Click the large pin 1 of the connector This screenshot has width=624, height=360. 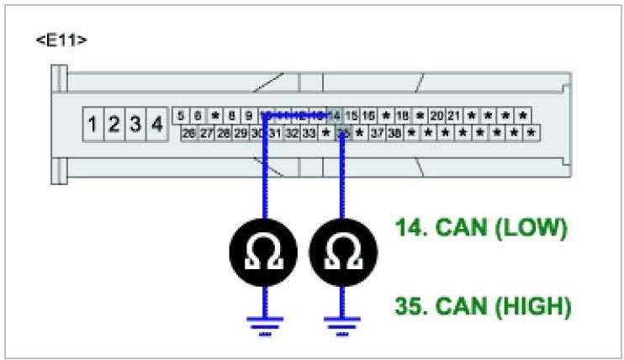(94, 125)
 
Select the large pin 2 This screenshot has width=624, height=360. (114, 125)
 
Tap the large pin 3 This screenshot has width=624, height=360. (135, 125)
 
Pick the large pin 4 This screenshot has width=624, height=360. (156, 125)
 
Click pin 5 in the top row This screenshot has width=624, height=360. (182, 116)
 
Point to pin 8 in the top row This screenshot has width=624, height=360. (231, 116)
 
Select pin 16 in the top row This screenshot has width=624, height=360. (368, 116)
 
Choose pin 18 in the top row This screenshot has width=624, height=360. (403, 116)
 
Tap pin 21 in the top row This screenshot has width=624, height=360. (454, 116)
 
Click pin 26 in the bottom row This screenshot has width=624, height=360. (189, 133)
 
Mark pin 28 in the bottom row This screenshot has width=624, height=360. (224, 133)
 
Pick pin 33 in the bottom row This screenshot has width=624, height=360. (309, 133)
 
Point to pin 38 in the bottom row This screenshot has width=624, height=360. (394, 133)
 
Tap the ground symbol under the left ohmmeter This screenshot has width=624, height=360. (264, 325)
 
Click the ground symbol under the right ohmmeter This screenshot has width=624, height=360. (341, 325)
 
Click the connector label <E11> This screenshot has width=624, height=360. (61, 40)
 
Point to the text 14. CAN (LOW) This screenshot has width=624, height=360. (482, 227)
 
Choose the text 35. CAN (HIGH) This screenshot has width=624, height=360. (484, 306)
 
